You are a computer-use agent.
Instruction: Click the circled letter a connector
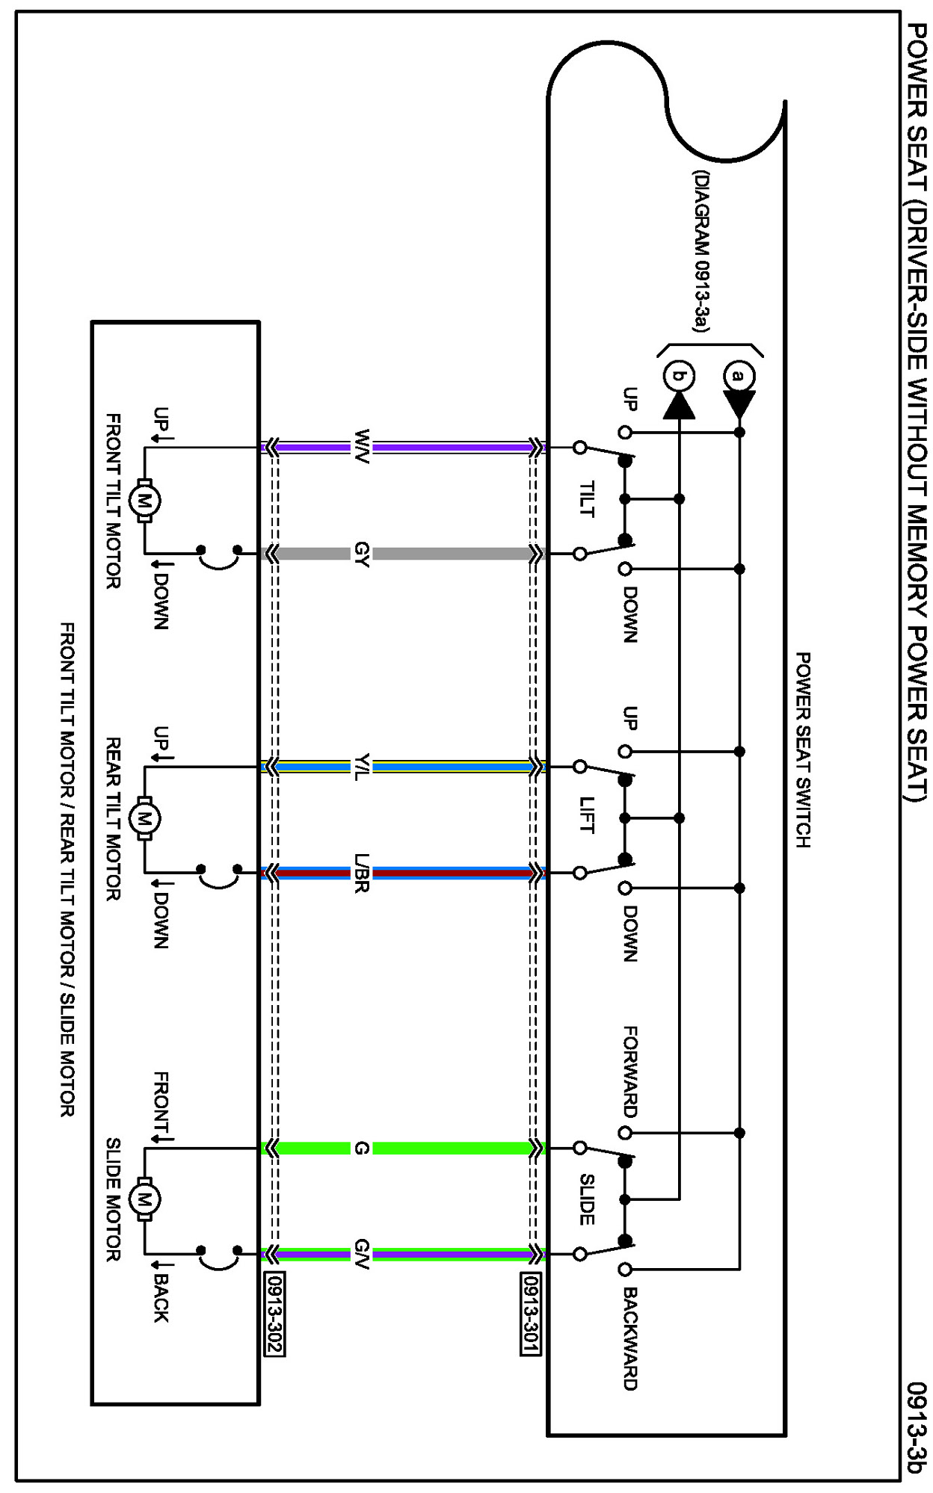pos(739,375)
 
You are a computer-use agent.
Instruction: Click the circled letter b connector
pos(679,375)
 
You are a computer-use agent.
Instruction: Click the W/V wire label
pos(362,447)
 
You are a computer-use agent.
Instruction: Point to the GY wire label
pos(362,554)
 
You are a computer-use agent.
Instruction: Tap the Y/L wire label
pos(362,767)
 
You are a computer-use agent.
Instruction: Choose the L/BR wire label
pos(362,873)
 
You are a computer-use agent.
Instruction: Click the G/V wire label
pos(362,1253)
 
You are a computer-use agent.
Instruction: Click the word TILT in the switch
pos(588,499)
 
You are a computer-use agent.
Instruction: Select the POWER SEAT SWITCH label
pos(802,749)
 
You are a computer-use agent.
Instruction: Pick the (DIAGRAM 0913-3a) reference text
pos(700,251)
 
